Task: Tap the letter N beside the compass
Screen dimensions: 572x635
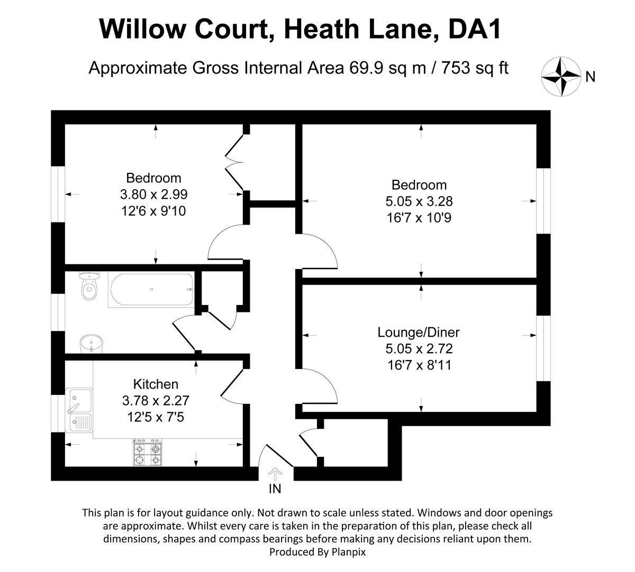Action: (591, 77)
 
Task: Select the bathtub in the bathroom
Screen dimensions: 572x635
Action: (151, 290)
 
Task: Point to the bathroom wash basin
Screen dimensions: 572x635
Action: (89, 344)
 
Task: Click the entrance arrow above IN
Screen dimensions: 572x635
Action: (275, 473)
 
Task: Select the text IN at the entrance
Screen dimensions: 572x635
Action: (275, 488)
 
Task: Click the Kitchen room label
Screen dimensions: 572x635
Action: (156, 384)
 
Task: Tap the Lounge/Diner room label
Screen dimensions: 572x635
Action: (419, 333)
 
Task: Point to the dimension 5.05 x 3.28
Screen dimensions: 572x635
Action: (419, 201)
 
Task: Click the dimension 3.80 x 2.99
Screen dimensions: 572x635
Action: (153, 195)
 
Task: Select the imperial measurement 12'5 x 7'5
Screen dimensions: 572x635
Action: (156, 418)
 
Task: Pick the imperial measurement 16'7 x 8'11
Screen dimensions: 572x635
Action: (419, 365)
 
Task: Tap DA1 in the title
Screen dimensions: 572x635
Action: (474, 29)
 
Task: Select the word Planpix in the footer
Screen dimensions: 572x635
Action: (348, 552)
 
